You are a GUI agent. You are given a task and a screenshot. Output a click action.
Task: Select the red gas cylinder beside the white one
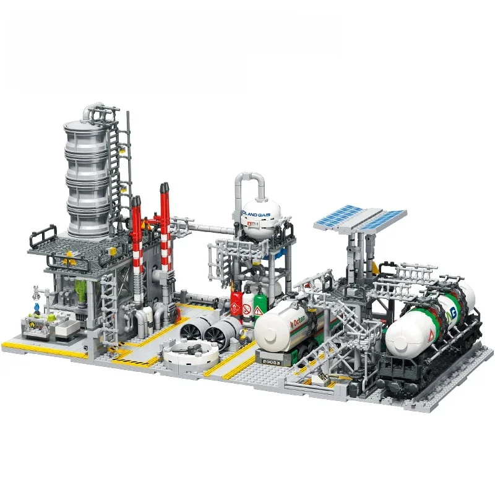[x=236, y=303]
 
